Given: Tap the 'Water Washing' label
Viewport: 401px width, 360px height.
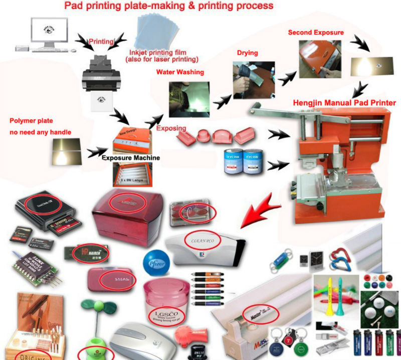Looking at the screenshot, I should click(180, 72).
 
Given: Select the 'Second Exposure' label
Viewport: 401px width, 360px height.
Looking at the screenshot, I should click(316, 33).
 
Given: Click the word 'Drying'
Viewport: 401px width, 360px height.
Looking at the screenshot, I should click(248, 53).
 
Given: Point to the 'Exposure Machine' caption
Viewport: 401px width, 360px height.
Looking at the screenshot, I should click(130, 158).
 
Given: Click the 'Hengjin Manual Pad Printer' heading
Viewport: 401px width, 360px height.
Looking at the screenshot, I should click(344, 103).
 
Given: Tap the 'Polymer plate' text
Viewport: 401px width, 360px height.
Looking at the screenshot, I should click(31, 121).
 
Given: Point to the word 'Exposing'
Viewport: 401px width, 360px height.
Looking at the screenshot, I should click(171, 129).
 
